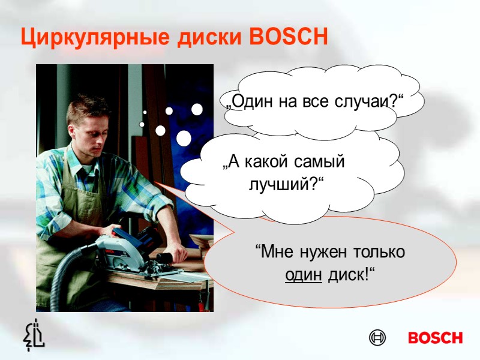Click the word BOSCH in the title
(x=289, y=37)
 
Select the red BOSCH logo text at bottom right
(x=435, y=338)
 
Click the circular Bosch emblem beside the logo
(x=377, y=338)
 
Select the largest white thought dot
(x=184, y=139)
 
